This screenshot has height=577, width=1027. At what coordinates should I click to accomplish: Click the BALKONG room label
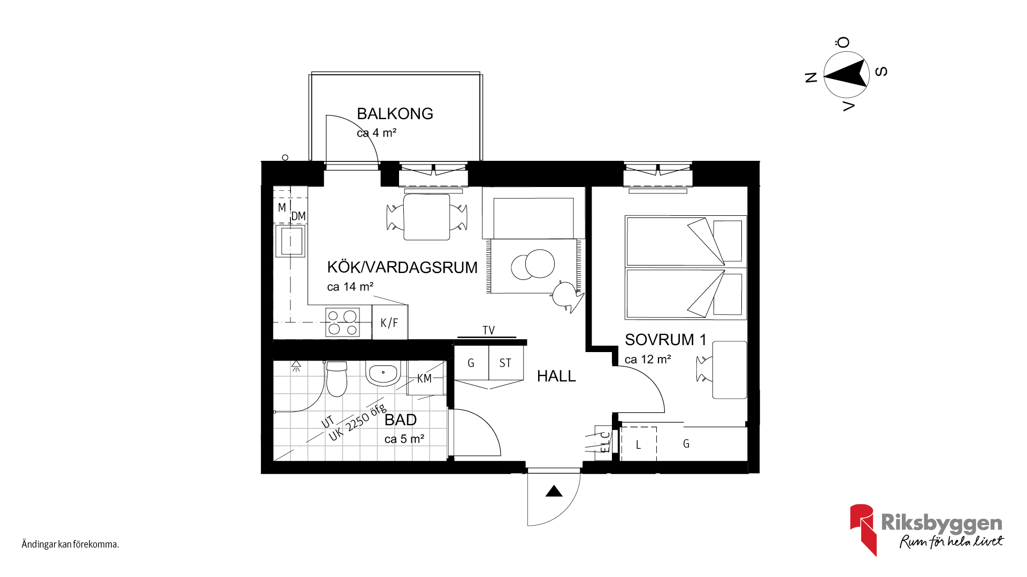point(395,114)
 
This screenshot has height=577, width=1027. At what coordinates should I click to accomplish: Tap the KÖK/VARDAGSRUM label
point(402,267)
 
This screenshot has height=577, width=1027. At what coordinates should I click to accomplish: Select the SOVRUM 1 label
point(665,340)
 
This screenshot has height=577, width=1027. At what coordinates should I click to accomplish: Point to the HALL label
point(556,376)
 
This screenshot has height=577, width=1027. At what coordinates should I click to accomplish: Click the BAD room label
point(401,420)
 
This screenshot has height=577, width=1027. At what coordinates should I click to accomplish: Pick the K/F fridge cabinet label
point(389,323)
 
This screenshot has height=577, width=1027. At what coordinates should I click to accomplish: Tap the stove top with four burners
point(342,323)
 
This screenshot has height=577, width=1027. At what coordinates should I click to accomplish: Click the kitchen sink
point(290,241)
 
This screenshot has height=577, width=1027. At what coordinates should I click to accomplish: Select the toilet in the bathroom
point(336,378)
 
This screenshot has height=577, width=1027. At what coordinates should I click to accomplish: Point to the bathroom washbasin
point(383,373)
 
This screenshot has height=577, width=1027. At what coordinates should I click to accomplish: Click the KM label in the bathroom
point(424,379)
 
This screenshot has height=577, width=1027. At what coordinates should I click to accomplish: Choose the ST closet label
point(505,363)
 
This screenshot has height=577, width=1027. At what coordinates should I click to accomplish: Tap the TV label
point(488,331)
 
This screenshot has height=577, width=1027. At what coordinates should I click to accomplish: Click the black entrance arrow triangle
point(554,491)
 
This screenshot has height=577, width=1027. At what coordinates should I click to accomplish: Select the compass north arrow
point(846,74)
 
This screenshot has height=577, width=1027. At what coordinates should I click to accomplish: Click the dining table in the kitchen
point(427,217)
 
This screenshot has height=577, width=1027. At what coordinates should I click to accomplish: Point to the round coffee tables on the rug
point(533,264)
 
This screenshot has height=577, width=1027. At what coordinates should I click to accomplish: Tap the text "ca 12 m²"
point(648,360)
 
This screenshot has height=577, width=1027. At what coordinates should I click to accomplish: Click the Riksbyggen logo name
point(942,523)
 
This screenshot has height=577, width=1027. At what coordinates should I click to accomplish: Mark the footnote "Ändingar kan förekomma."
point(70,544)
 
